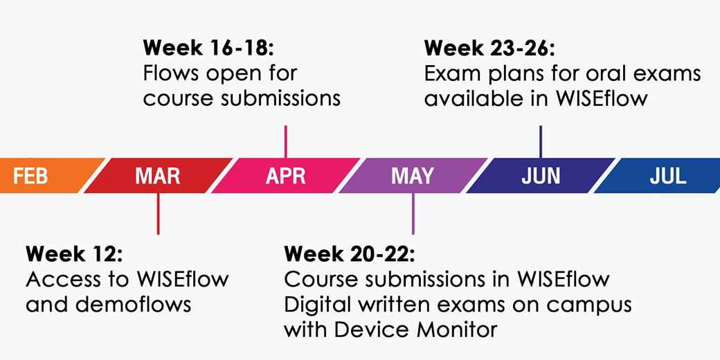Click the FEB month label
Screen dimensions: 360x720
(x=30, y=176)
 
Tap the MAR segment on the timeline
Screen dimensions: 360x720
(x=158, y=176)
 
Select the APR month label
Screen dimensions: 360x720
(x=285, y=176)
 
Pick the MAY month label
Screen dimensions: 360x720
(x=413, y=176)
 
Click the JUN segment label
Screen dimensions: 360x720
(x=541, y=176)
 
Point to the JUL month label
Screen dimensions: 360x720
(x=667, y=176)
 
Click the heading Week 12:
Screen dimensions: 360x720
(x=74, y=253)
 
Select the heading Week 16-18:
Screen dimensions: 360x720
(x=208, y=48)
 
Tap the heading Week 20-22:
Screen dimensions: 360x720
(x=349, y=253)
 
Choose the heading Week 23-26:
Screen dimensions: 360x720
(x=490, y=48)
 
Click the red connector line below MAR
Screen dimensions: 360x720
(x=158, y=213)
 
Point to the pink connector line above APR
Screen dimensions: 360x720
(x=285, y=141)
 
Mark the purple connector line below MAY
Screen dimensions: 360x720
(x=413, y=213)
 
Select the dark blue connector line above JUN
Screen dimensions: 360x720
(x=541, y=141)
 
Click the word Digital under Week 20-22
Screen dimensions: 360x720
(x=316, y=305)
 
